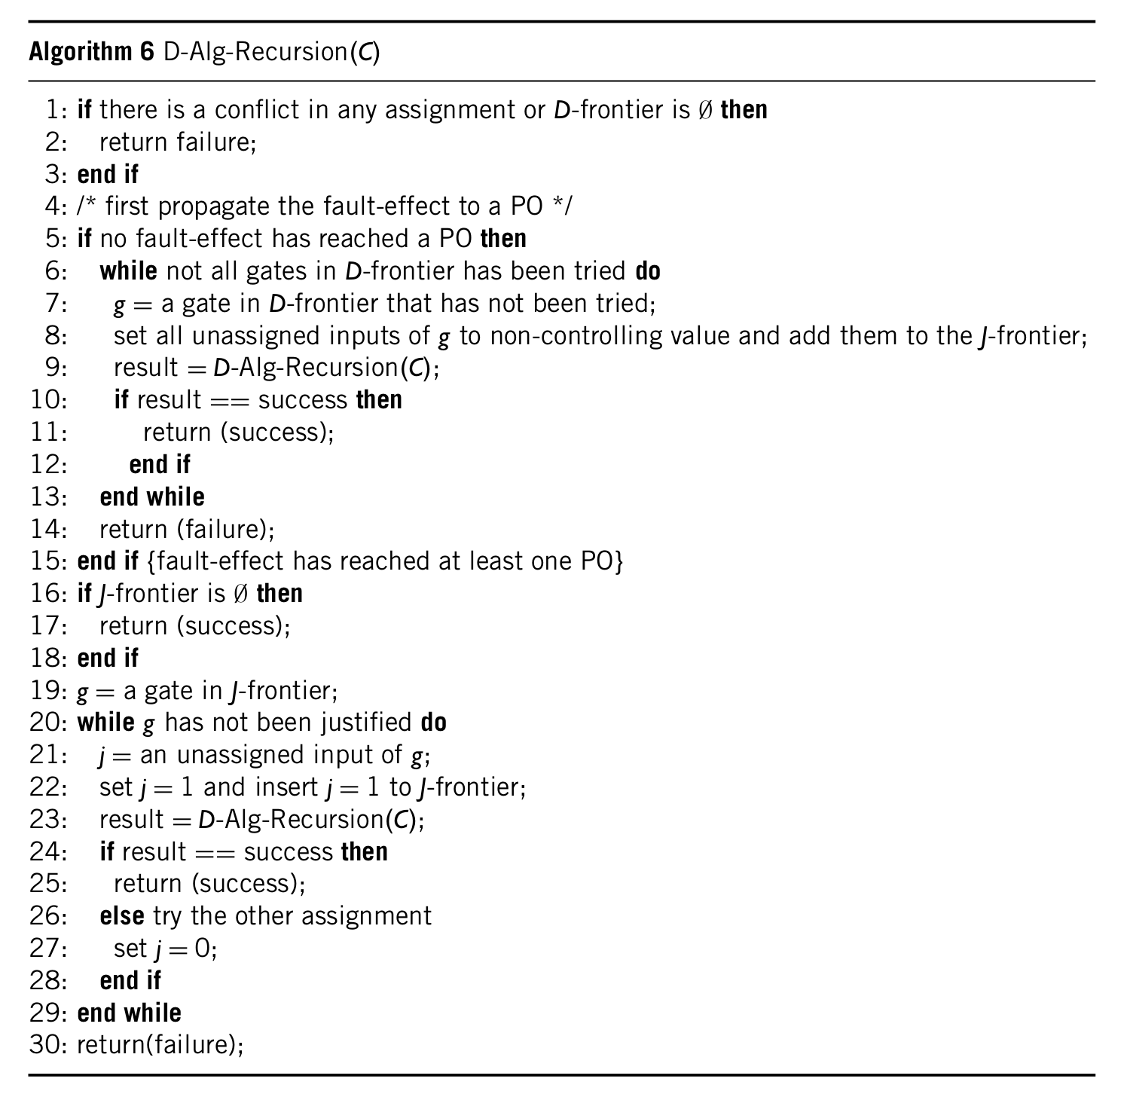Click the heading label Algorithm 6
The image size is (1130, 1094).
click(x=91, y=52)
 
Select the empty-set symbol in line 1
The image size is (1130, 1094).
click(x=704, y=110)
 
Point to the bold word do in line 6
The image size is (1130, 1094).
click(x=648, y=270)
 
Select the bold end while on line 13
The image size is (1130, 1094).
click(x=151, y=497)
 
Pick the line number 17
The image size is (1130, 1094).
click(x=47, y=626)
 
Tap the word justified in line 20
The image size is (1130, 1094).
click(x=366, y=723)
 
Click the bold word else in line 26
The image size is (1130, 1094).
click(x=121, y=916)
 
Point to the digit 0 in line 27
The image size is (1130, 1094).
click(x=203, y=949)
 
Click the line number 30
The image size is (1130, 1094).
click(x=47, y=1045)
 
